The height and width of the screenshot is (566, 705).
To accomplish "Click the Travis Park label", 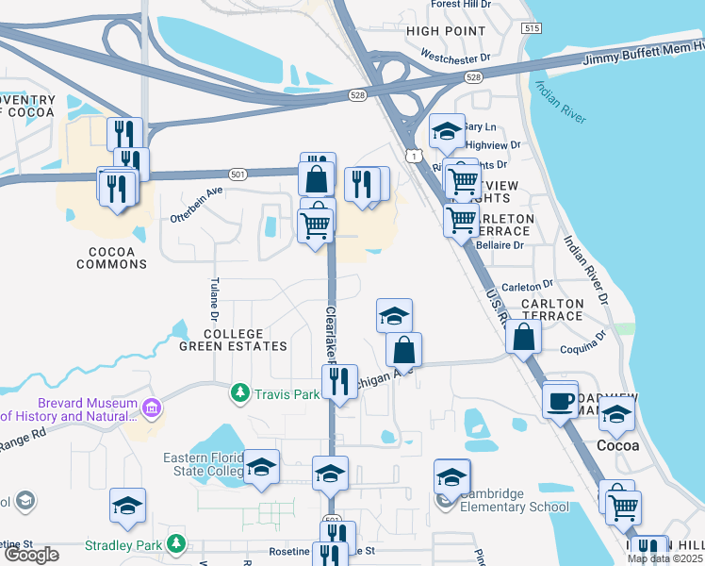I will pos(287,394).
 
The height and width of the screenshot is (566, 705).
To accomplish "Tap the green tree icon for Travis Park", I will pos(241,392).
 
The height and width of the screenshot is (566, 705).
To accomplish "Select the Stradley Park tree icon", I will pos(175,544).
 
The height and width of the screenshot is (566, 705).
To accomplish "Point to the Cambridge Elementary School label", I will pos(514,507).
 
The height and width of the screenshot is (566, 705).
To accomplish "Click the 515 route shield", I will pos(532,29).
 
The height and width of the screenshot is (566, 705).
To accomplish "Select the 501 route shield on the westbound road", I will pos(238,174).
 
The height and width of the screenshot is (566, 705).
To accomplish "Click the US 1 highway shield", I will pos(413,153).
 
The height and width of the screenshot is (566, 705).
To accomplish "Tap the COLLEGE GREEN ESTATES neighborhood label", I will pos(233,340).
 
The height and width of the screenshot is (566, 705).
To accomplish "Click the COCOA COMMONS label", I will pos(117,258).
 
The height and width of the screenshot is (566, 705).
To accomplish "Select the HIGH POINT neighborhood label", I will pos(446,31).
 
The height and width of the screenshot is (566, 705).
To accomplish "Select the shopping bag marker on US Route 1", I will pos(523,336).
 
